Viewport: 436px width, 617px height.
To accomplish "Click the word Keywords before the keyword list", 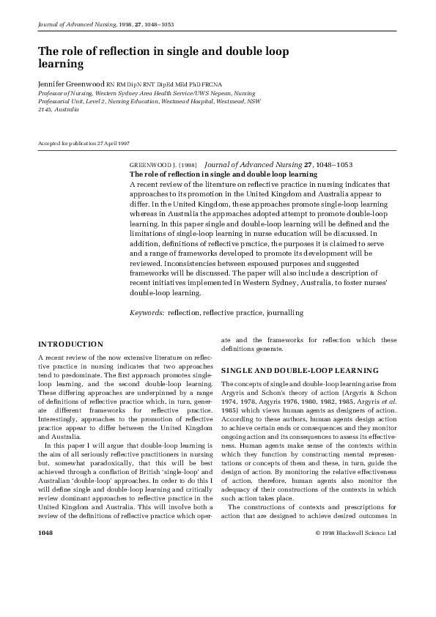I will pos(147,312).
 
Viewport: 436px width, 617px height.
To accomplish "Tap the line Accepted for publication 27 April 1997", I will pos(84,144).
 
